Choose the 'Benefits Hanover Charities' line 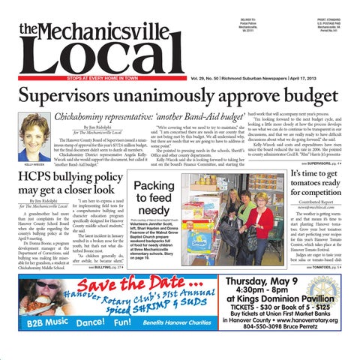(x=178, y=348)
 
